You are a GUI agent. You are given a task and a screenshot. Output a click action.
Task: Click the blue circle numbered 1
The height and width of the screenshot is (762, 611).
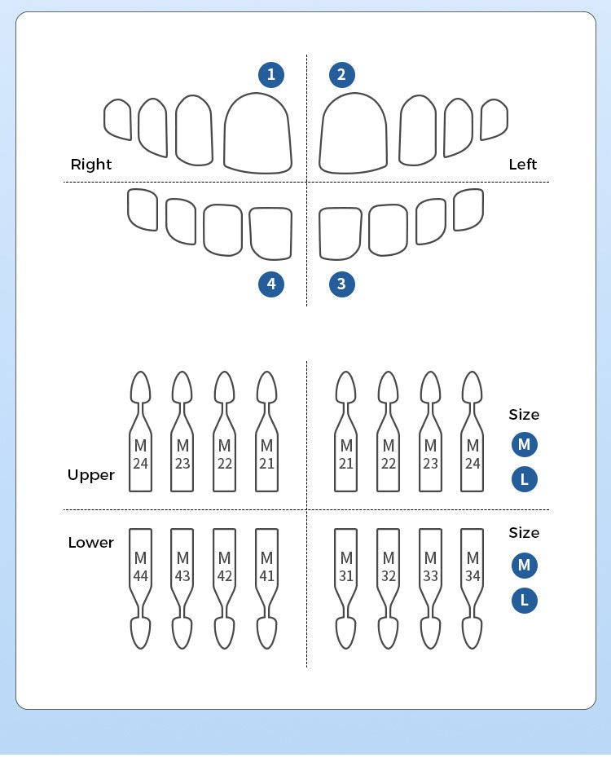point(271,75)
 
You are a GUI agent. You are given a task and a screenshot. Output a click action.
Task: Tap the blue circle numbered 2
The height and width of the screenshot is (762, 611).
point(341,75)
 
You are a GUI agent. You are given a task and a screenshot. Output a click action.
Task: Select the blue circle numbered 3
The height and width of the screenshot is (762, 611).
point(341,284)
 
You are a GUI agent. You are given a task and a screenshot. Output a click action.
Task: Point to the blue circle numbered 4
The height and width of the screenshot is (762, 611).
point(271,284)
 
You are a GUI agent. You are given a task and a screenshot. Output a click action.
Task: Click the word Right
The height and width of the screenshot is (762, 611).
point(91,165)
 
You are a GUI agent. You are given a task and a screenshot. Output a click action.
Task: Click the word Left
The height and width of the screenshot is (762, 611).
point(522,165)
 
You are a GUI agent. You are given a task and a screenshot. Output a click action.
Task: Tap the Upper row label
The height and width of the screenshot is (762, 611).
point(91,475)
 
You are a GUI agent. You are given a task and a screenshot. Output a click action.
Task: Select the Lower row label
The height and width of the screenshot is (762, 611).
point(91,543)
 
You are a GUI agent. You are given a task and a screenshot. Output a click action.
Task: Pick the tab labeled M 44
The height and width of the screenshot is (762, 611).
point(141,567)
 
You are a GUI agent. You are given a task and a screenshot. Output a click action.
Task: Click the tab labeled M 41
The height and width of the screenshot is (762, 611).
point(266,567)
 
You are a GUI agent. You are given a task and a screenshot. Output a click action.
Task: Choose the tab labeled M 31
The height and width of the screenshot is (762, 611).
point(346,567)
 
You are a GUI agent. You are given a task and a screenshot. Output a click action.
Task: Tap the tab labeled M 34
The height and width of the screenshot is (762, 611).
point(473,567)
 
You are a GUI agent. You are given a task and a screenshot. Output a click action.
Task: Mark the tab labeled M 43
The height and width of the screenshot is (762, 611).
point(182,567)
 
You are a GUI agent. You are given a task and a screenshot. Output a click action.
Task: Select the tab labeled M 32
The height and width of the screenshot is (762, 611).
point(389,567)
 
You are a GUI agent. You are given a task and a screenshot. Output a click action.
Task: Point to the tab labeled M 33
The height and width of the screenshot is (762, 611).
point(430,567)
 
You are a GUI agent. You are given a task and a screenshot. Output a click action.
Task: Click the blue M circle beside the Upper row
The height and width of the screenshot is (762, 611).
point(525,445)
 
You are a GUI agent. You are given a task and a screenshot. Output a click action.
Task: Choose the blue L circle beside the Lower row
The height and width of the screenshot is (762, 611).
point(525,601)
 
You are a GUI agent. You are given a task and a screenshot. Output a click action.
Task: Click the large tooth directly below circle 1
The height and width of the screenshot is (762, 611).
point(257,134)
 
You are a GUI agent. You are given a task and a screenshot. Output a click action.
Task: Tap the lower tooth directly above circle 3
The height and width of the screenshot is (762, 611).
point(340,233)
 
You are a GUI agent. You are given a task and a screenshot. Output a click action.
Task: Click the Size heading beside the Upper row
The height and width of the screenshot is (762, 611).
point(524,415)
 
